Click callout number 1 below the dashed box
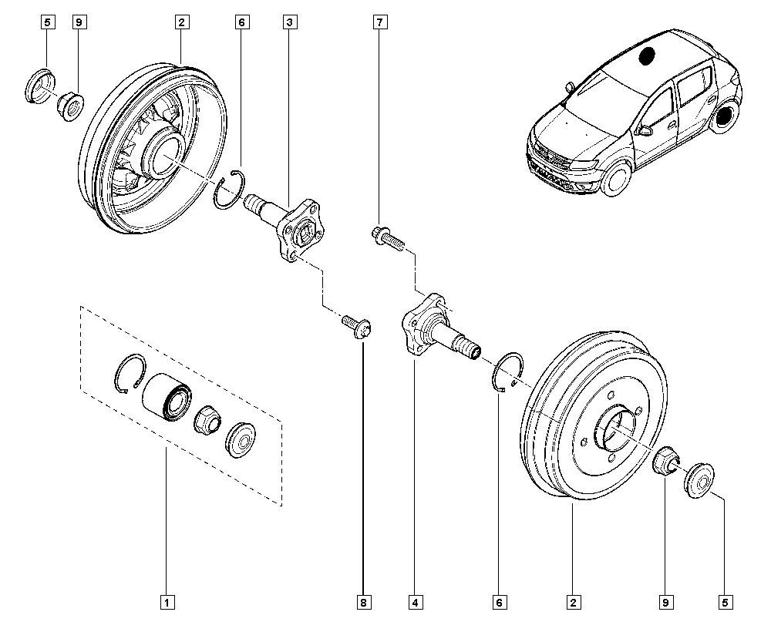pyautogui.click(x=166, y=600)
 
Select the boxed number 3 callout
pyautogui.click(x=290, y=22)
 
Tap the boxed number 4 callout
pyautogui.click(x=416, y=600)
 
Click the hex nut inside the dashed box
pyautogui.click(x=207, y=421)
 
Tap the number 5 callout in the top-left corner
pyautogui.click(x=47, y=22)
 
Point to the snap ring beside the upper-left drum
pyautogui.click(x=230, y=190)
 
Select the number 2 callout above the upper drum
pyautogui.click(x=181, y=22)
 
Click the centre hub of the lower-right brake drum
pyautogui.click(x=617, y=432)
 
